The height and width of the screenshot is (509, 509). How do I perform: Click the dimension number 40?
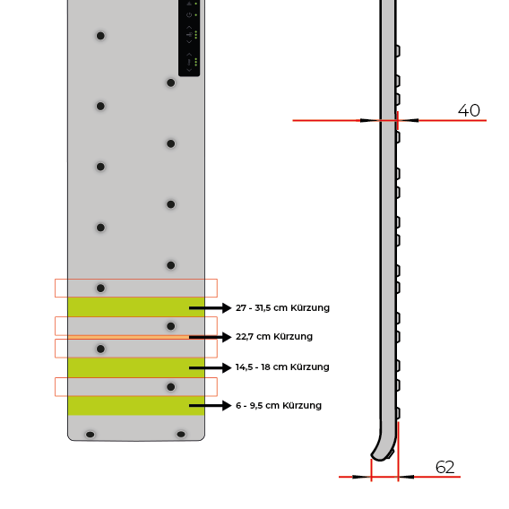(469, 111)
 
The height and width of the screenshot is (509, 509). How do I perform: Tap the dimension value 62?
(445, 467)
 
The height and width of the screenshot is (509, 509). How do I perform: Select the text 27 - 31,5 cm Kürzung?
(282, 308)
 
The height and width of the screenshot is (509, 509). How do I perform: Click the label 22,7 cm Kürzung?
(274, 337)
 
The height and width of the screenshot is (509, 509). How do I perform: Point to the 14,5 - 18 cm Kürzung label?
(282, 367)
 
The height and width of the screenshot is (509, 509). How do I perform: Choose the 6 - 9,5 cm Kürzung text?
(279, 406)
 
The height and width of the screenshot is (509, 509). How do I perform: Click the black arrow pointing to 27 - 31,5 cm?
(210, 307)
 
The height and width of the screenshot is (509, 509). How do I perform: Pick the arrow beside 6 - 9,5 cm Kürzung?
(210, 405)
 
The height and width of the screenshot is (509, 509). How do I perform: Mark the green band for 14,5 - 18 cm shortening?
(125, 367)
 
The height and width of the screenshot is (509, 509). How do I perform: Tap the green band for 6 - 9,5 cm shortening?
(125, 405)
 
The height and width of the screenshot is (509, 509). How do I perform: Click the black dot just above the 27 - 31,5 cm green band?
(100, 288)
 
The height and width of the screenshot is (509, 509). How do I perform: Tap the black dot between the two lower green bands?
(170, 387)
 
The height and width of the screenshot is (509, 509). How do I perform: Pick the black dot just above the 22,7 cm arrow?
(170, 326)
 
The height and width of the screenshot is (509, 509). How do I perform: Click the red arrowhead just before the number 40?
(410, 120)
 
